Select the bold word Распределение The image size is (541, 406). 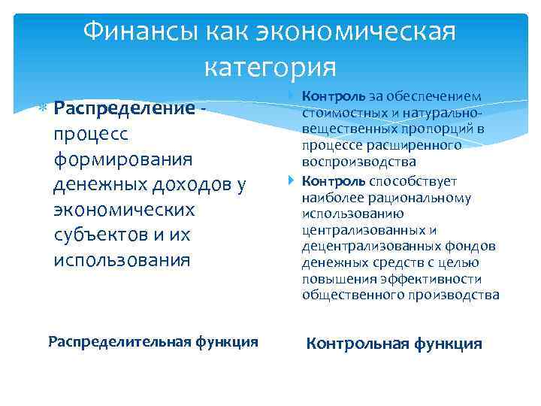124,108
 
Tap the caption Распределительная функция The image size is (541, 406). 153,341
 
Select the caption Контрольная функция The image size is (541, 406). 394,344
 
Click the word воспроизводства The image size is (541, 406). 358,162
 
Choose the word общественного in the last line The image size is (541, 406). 349,295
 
